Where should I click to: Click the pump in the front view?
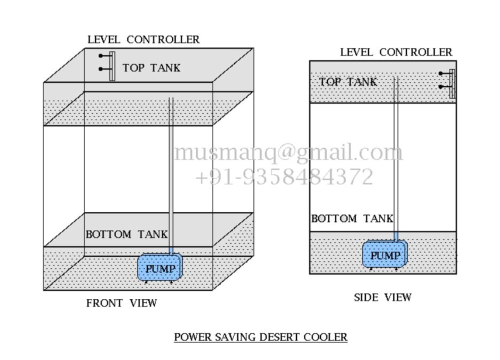point(160,268)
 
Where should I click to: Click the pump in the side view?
point(385,255)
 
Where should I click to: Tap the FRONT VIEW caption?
point(121,303)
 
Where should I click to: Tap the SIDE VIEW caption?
point(382,297)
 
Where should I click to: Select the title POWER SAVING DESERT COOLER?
point(260,337)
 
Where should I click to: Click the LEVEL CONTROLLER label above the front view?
point(143,39)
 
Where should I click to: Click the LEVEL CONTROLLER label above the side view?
point(396,52)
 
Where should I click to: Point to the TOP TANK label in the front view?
point(151,67)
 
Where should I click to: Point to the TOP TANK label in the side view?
point(348,81)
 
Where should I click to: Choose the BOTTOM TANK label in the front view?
point(126,234)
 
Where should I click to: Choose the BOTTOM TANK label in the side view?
point(352,218)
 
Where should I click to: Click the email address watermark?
point(288,152)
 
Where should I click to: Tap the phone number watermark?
point(284,177)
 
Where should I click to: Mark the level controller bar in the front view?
point(112,66)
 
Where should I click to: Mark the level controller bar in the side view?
point(452,83)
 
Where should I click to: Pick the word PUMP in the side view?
point(385,256)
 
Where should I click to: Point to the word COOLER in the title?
point(329,337)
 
